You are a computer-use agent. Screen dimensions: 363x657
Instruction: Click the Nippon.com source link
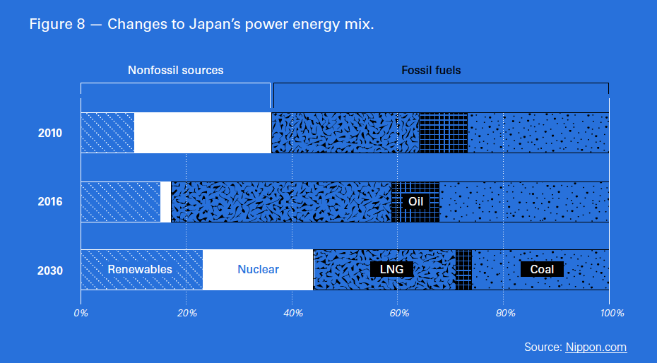pyautogui.click(x=596, y=347)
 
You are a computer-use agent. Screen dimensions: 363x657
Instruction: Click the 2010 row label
pyautogui.click(x=50, y=133)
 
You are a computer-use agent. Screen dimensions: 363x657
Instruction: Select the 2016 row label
pyautogui.click(x=50, y=201)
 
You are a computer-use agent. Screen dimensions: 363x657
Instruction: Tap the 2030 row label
pyautogui.click(x=50, y=270)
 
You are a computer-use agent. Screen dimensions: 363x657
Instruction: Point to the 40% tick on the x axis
pyautogui.click(x=292, y=312)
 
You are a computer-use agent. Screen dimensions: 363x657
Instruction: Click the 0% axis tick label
pyautogui.click(x=81, y=312)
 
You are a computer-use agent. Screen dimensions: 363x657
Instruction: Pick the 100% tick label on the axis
pyautogui.click(x=612, y=312)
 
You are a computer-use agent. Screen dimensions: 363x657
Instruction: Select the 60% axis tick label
pyautogui.click(x=398, y=312)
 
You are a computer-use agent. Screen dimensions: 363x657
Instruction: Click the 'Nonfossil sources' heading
pyautogui.click(x=175, y=70)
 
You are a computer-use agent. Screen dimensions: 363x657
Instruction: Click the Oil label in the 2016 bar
pyautogui.click(x=415, y=201)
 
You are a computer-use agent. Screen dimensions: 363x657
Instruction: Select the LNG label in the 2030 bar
pyautogui.click(x=391, y=269)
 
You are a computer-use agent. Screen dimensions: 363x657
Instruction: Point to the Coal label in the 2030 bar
pyautogui.click(x=542, y=269)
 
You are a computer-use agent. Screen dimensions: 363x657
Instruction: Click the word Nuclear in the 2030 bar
pyautogui.click(x=258, y=269)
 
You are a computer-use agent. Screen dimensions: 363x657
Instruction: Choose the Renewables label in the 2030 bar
pyautogui.click(x=140, y=269)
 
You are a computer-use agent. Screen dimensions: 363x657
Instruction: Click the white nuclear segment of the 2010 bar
pyautogui.click(x=203, y=133)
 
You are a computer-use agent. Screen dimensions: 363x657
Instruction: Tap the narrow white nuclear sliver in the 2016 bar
pyautogui.click(x=165, y=201)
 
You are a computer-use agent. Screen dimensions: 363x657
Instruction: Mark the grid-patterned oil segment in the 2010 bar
pyautogui.click(x=444, y=133)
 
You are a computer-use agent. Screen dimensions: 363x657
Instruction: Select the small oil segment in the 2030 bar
pyautogui.click(x=463, y=269)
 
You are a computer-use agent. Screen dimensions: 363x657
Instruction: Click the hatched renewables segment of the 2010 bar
pyautogui.click(x=107, y=133)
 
